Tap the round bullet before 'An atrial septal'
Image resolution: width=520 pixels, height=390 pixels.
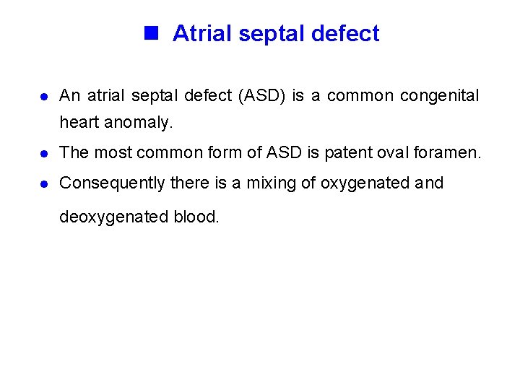[x=44, y=97]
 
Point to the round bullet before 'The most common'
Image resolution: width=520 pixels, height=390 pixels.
[x=44, y=153]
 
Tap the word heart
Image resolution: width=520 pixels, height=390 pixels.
[x=79, y=123]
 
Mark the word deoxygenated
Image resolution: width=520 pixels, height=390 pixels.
[x=114, y=217]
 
